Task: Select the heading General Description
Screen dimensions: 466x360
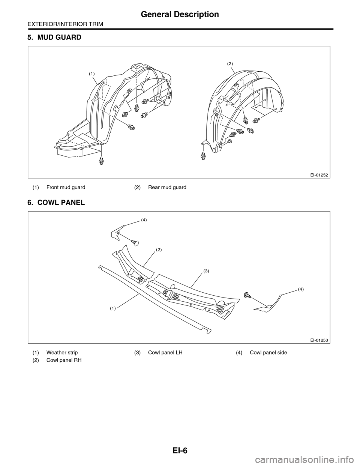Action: (x=180, y=15)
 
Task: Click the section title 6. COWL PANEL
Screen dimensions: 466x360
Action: (x=56, y=203)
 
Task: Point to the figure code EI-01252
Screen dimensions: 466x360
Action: (x=319, y=174)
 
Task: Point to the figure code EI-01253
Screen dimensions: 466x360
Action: (x=319, y=340)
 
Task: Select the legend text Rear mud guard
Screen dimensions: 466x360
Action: (x=167, y=187)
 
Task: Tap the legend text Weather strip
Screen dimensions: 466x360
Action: (x=62, y=353)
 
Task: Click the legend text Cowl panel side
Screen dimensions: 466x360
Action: (x=268, y=353)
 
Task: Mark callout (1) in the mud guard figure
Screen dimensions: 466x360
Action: (x=92, y=74)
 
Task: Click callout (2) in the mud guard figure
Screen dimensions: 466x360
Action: (x=230, y=64)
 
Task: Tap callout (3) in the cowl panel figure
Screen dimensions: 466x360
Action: (x=206, y=271)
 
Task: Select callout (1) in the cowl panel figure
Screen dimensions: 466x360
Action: (x=113, y=308)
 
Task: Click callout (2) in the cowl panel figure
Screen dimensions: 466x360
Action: (x=159, y=250)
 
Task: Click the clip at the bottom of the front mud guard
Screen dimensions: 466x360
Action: (x=101, y=161)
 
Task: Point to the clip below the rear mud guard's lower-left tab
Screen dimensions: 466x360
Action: (x=204, y=156)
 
